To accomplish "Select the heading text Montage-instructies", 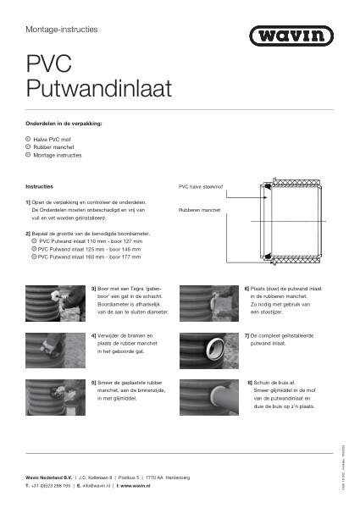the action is (62, 29).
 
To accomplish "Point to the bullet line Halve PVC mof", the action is (56, 138).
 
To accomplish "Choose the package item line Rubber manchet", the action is (56, 146).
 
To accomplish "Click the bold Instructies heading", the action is (40, 185).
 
